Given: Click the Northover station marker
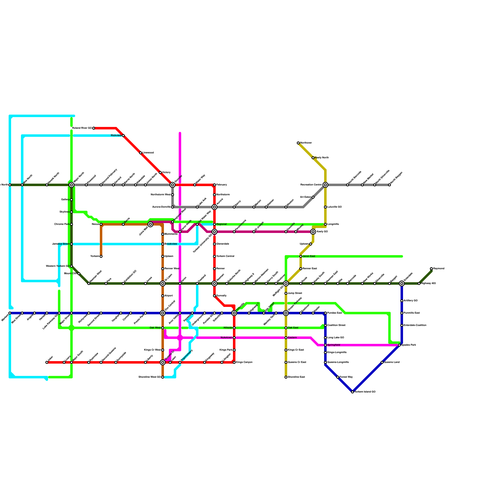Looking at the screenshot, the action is [298, 143].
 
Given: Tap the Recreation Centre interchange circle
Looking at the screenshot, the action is [325, 185].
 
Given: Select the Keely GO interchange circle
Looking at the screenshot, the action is [313, 232].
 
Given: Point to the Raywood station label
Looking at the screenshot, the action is [439, 269].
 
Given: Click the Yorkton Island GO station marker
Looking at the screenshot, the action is [352, 392].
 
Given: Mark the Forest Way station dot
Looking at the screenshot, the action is [338, 377].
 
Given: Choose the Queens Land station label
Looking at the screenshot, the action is [392, 362].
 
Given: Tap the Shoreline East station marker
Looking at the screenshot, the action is [286, 377].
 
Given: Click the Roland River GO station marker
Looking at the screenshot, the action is [94, 128].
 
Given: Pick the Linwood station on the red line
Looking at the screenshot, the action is [141, 153].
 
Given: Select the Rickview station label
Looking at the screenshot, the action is [116, 136].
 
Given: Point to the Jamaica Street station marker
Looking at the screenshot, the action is [71, 244].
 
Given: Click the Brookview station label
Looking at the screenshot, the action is [171, 244].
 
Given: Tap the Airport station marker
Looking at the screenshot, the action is [163, 296].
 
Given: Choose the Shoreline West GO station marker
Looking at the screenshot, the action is [163, 377].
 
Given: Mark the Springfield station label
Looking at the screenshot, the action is [334, 345].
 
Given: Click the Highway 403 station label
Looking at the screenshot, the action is [429, 283].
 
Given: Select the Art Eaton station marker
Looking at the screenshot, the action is [313, 197].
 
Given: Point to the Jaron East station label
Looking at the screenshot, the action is [309, 256].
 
